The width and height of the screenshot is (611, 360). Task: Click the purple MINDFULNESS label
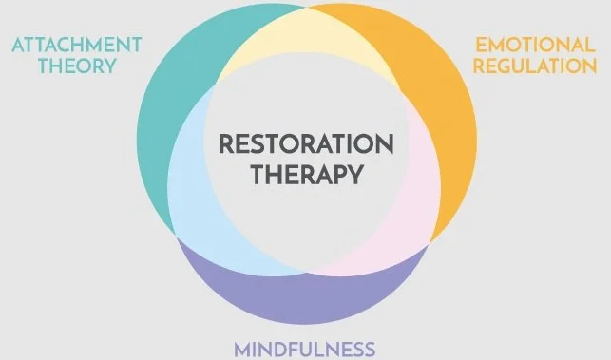tap(304, 348)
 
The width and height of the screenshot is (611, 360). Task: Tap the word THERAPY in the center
tap(305, 175)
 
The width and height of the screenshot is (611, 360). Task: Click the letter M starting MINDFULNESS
tap(241, 348)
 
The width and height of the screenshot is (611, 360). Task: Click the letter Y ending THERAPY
tap(356, 175)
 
